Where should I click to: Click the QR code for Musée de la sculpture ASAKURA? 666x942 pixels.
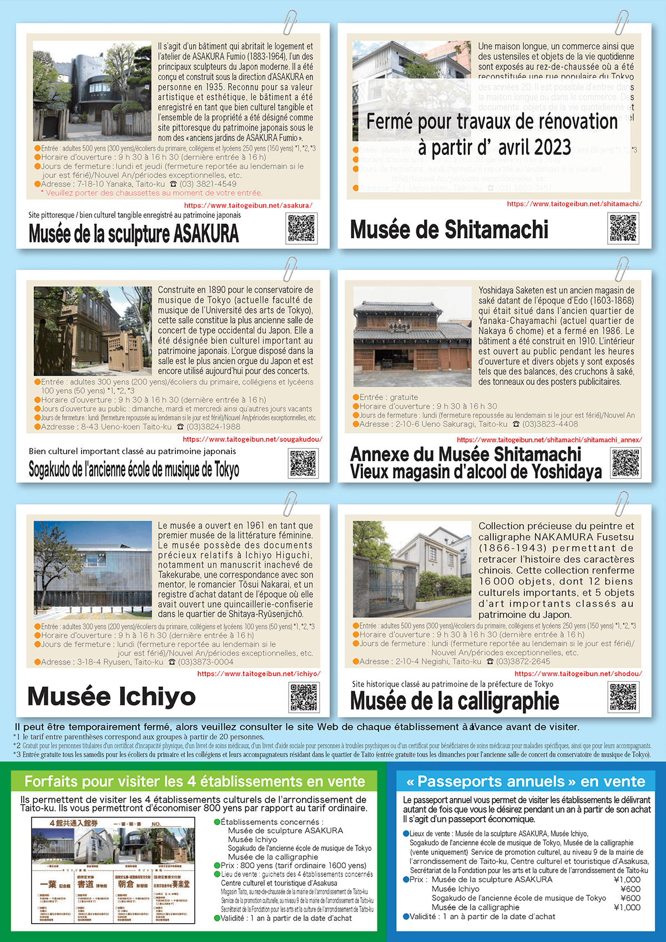tap(302, 228)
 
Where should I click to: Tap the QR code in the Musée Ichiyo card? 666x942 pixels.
tap(304, 697)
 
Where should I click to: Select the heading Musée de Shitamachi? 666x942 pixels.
tap(449, 230)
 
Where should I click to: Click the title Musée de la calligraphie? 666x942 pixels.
tap(455, 701)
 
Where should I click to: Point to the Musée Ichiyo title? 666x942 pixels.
tap(112, 697)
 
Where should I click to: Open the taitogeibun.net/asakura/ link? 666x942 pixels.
tap(248, 205)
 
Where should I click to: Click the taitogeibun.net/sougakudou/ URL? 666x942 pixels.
tap(253, 439)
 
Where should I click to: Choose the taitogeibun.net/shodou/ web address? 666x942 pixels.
tap(578, 674)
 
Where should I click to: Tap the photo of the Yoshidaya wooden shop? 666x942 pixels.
tap(412, 336)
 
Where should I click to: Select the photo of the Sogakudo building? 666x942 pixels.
tap(93, 331)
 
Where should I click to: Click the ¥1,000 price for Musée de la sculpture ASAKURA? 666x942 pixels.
tap(627, 880)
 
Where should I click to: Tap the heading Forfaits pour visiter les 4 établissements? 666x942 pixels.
tap(195, 782)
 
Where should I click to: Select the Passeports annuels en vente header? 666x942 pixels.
tap(526, 782)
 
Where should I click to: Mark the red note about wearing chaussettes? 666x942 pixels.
tap(152, 193)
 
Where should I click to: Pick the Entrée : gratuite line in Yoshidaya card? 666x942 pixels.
tap(389, 397)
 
